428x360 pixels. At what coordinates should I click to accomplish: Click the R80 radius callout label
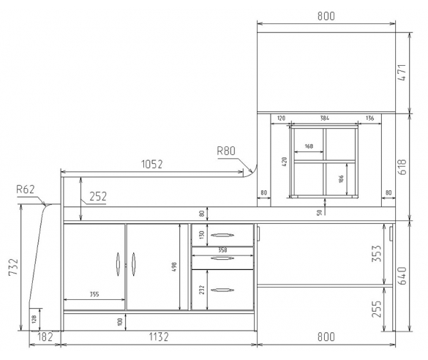pos(226,151)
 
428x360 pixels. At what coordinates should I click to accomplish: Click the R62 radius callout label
pos(26,189)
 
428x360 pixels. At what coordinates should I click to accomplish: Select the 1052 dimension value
pos(152,164)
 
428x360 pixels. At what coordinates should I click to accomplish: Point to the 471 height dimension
pos(402,72)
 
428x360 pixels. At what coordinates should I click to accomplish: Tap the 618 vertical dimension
pos(402,167)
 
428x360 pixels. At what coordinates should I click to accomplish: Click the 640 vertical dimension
pos(402,276)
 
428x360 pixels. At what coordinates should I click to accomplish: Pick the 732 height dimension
pos(13,266)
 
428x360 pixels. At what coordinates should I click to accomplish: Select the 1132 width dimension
pos(159,337)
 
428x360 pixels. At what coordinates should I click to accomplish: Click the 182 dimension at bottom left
pos(45,337)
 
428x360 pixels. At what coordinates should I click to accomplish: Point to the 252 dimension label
pos(98,196)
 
